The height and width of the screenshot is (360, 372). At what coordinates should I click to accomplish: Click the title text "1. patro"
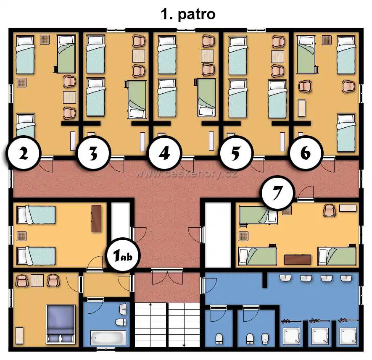188,14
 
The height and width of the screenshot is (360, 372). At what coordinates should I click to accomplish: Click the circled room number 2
23,153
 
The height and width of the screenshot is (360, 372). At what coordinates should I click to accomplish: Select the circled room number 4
165,153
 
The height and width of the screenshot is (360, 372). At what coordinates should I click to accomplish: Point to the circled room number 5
235,153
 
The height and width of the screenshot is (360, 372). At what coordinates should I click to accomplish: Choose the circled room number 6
305,153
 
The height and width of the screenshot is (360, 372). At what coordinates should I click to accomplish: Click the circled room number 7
277,192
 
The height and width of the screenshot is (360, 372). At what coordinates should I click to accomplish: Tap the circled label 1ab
123,255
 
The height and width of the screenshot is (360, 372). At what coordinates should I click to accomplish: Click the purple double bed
61,324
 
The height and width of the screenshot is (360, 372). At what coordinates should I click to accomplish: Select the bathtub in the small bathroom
108,337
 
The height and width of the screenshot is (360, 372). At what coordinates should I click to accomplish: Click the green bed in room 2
66,54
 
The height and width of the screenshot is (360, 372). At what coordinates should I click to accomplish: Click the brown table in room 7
298,260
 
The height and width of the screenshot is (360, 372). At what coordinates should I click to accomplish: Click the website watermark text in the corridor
187,174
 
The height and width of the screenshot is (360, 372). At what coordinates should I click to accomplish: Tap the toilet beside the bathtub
121,322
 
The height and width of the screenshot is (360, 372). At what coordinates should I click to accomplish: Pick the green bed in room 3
137,100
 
